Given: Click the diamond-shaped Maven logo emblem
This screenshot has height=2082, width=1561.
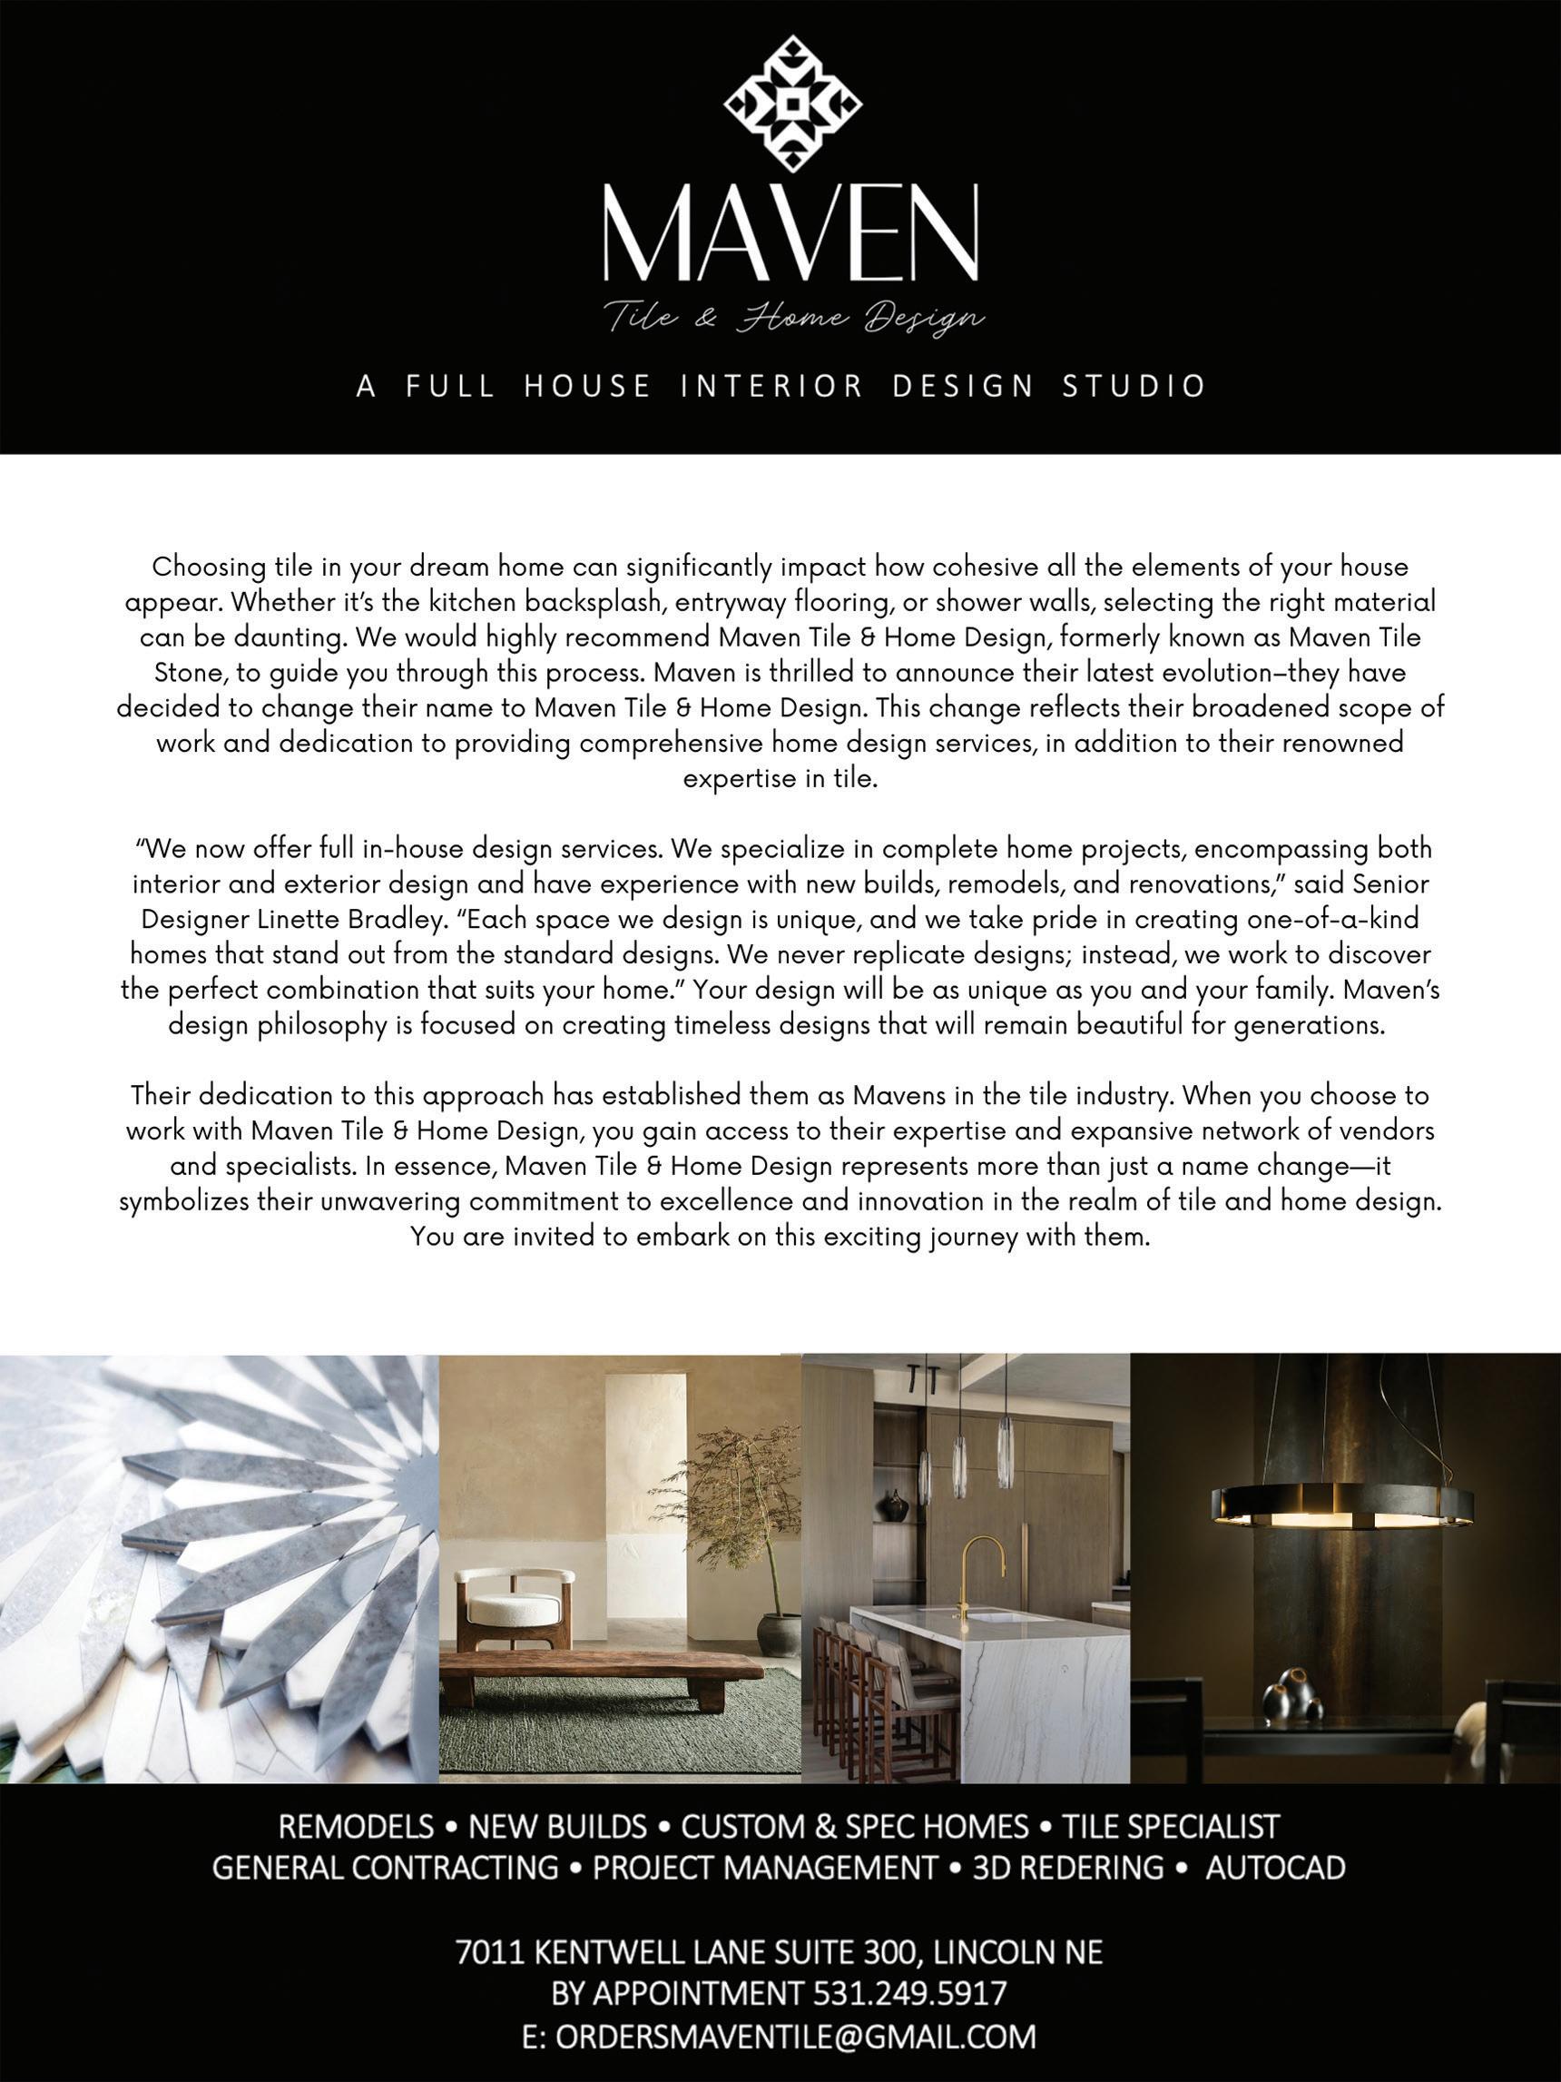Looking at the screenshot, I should click(x=792, y=104).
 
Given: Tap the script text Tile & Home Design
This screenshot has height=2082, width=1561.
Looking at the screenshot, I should click(x=793, y=318).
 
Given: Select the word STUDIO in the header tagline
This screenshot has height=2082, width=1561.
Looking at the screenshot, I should click(x=1134, y=386).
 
